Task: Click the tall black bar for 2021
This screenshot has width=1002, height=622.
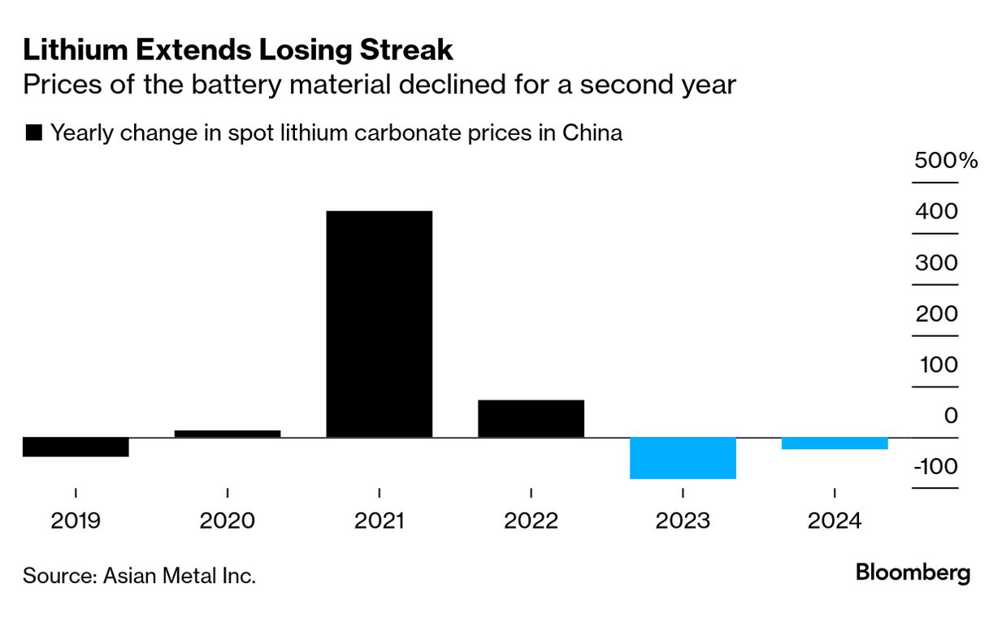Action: pyautogui.click(x=379, y=324)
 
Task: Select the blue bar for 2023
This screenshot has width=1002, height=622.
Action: pyautogui.click(x=683, y=458)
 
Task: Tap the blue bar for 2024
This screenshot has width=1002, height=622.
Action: pyautogui.click(x=835, y=443)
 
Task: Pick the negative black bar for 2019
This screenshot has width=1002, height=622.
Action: pyautogui.click(x=76, y=447)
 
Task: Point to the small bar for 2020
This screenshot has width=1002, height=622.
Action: pyautogui.click(x=228, y=434)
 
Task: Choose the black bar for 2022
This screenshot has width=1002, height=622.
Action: pyautogui.click(x=531, y=418)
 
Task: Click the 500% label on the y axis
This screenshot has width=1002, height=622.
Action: pyautogui.click(x=946, y=160)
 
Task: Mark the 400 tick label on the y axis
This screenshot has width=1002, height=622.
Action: pyautogui.click(x=936, y=211)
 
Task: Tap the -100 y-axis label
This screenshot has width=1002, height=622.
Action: pyautogui.click(x=935, y=467)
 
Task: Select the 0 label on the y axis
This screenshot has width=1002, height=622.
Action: pyautogui.click(x=951, y=416)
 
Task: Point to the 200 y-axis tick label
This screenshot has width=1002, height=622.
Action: pyautogui.click(x=936, y=313)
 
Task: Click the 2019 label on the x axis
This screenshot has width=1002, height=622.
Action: pyautogui.click(x=76, y=520)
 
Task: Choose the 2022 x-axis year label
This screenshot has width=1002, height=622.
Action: pyautogui.click(x=531, y=520)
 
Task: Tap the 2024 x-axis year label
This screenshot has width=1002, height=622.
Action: pyautogui.click(x=835, y=520)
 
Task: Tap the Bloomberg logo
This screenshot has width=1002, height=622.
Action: pyautogui.click(x=913, y=573)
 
